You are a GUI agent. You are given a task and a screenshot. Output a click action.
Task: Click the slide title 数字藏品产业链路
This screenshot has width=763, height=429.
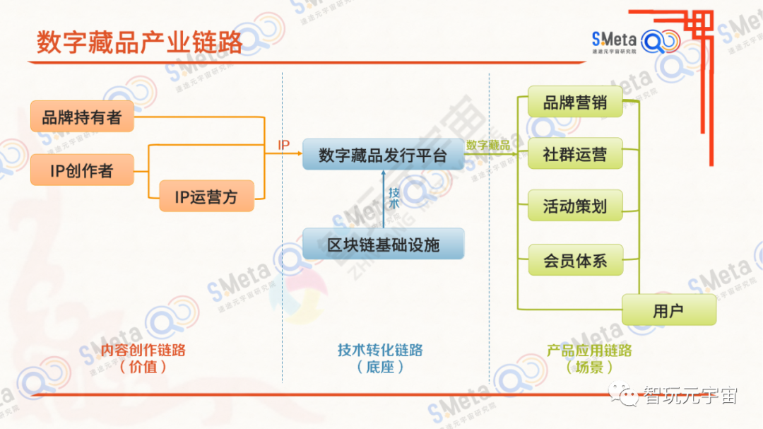(x=139, y=42)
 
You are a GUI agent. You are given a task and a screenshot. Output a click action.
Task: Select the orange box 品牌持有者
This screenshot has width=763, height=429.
(x=82, y=117)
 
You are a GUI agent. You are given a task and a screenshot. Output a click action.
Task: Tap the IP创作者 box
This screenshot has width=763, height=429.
(x=82, y=170)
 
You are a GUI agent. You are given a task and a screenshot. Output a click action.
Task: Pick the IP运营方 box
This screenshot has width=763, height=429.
(x=206, y=196)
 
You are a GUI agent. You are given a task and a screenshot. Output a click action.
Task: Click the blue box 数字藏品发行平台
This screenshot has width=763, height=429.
(x=383, y=155)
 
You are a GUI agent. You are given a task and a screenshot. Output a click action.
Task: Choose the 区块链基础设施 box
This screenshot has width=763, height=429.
(x=383, y=245)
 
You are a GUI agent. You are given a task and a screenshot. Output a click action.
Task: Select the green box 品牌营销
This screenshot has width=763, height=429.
(x=575, y=102)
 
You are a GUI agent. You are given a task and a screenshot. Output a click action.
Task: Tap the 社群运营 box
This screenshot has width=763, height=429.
(x=575, y=154)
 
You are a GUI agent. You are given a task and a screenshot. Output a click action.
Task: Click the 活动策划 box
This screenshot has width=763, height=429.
(x=575, y=206)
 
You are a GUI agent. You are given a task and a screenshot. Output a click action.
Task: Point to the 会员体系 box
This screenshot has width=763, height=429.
(x=575, y=260)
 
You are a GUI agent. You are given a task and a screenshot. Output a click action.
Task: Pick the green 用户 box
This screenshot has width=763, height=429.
(x=668, y=310)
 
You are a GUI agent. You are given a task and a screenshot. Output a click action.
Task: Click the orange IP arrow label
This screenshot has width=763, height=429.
(x=283, y=146)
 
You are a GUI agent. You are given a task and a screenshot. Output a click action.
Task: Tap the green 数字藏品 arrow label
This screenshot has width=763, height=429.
(x=488, y=145)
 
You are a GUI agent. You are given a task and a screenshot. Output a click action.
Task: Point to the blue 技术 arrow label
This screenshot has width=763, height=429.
(x=394, y=197)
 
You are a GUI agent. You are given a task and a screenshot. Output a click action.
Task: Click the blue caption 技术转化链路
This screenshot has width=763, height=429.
(x=380, y=351)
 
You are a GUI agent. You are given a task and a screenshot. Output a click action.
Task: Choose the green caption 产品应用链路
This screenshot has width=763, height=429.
(x=589, y=351)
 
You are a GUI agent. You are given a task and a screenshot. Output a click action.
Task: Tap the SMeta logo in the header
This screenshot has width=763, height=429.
(x=635, y=41)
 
